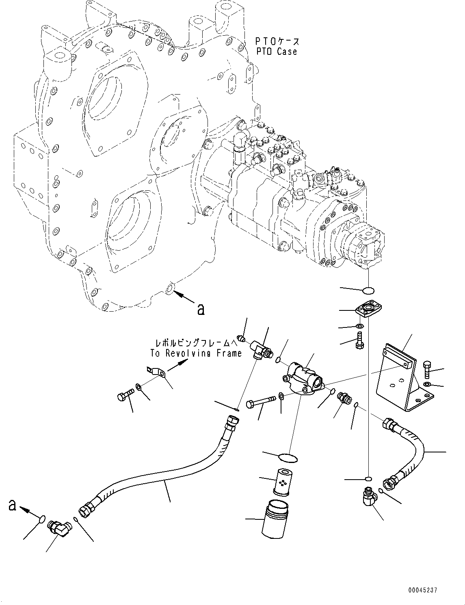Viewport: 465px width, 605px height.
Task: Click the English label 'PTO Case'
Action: (276, 52)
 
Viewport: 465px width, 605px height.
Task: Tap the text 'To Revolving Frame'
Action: (196, 353)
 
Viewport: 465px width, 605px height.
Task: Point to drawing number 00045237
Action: (423, 590)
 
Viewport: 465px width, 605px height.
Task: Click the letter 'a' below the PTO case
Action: (200, 310)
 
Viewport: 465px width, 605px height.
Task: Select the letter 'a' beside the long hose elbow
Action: (13, 506)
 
